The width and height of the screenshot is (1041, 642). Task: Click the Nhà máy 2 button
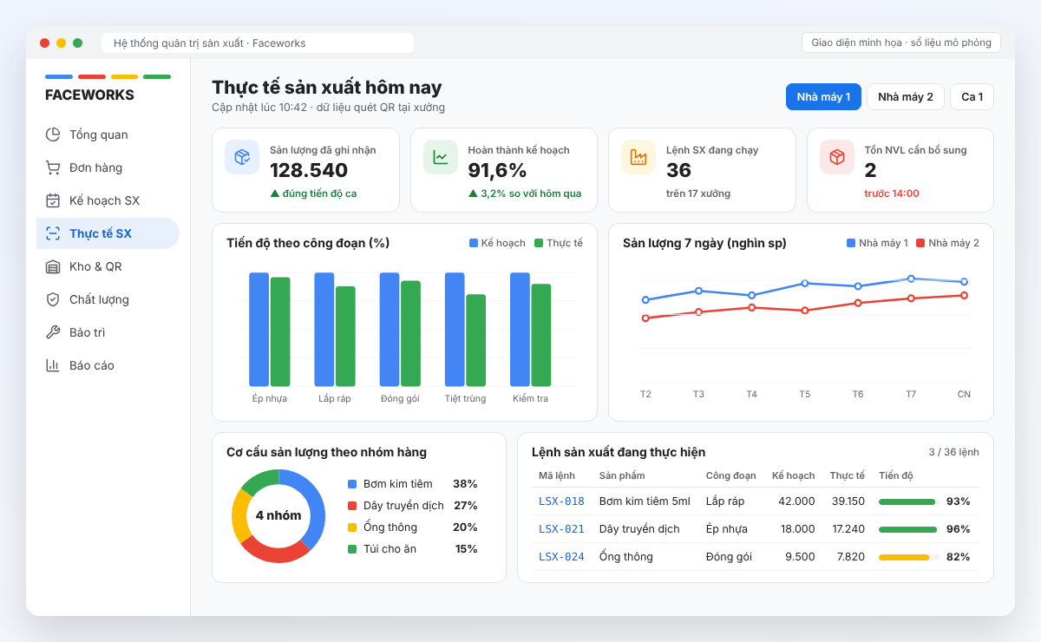click(906, 96)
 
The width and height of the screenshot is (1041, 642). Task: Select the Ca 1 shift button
click(972, 96)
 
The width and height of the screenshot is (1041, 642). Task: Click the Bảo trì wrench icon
click(53, 332)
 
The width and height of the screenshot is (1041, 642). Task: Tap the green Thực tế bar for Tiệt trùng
click(476, 340)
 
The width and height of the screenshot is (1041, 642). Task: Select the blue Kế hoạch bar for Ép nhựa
click(259, 329)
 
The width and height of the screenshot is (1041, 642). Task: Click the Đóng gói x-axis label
click(400, 398)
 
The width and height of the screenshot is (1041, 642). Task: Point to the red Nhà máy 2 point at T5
click(804, 310)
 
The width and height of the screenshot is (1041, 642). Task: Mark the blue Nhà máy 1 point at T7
click(911, 278)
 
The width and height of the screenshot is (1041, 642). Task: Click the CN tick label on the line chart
click(964, 394)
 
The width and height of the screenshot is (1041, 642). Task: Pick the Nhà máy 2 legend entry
click(947, 243)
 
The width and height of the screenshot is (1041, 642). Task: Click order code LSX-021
click(561, 529)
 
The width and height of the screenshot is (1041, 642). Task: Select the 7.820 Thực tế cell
click(850, 556)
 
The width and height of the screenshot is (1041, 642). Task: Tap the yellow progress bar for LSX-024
click(904, 557)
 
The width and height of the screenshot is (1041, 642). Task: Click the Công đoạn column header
click(730, 475)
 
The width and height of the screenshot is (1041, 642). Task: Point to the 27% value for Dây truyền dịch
click(466, 505)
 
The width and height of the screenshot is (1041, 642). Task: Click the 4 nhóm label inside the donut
click(278, 515)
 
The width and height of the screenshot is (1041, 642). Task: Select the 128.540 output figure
click(309, 170)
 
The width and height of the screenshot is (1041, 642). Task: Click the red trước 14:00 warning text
click(892, 193)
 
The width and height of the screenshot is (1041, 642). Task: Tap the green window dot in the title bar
click(77, 43)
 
